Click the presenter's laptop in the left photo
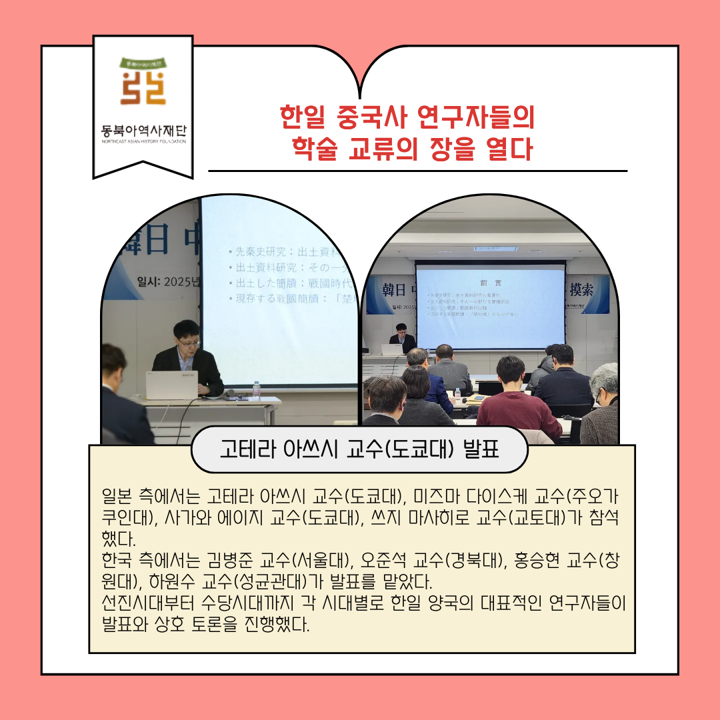click(x=171, y=385)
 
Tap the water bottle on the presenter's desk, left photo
click(x=257, y=390)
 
